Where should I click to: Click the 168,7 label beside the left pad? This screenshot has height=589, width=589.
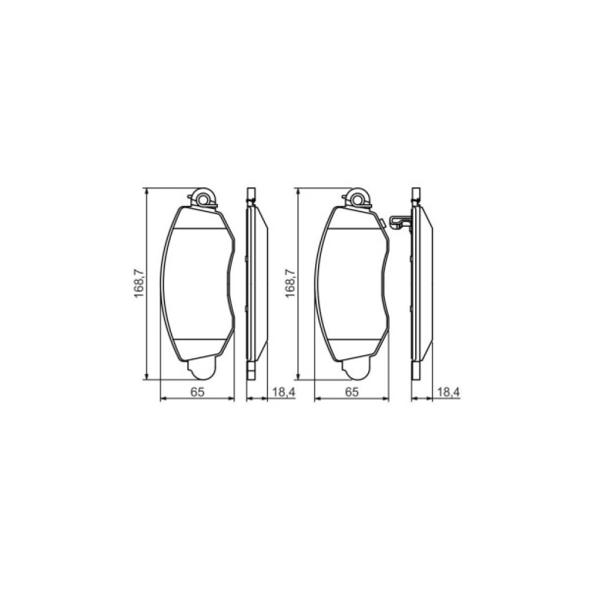click(140, 284)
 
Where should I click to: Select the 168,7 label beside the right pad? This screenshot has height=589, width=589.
click(291, 284)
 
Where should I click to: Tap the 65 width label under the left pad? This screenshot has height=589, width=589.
click(197, 392)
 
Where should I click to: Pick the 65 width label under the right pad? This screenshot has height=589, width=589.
click(352, 392)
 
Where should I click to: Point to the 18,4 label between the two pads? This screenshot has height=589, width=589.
click(284, 392)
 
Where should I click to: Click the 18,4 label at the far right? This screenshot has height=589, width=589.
click(448, 392)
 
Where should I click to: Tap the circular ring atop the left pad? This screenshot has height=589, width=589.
click(203, 200)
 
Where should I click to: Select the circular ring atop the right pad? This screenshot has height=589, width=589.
click(358, 200)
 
